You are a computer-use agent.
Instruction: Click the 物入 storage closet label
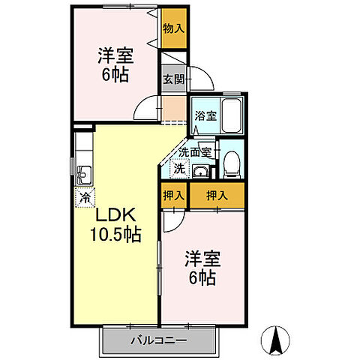click(172, 28)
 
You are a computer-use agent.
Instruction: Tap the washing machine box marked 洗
click(179, 169)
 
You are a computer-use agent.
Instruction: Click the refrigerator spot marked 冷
click(85, 199)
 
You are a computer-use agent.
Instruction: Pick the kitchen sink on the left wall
click(82, 174)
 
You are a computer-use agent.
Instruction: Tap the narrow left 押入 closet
click(173, 194)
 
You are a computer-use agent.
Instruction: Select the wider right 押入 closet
click(217, 194)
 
